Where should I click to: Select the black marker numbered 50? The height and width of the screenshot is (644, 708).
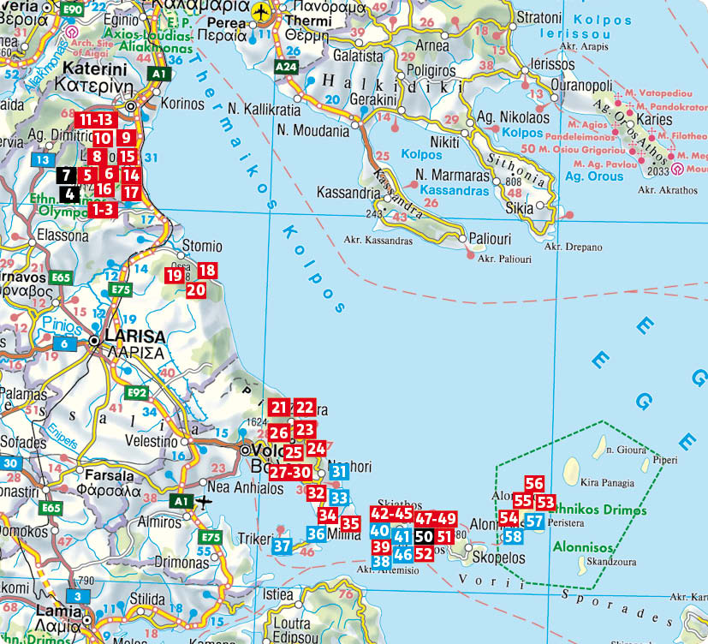click(424, 537)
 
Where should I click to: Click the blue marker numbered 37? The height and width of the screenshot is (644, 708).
click(283, 545)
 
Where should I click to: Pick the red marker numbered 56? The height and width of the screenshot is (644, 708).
click(535, 484)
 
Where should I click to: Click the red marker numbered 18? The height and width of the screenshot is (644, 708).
click(207, 271)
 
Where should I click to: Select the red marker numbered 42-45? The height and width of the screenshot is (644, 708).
click(391, 514)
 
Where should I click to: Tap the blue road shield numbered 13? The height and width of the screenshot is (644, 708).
click(40, 159)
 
